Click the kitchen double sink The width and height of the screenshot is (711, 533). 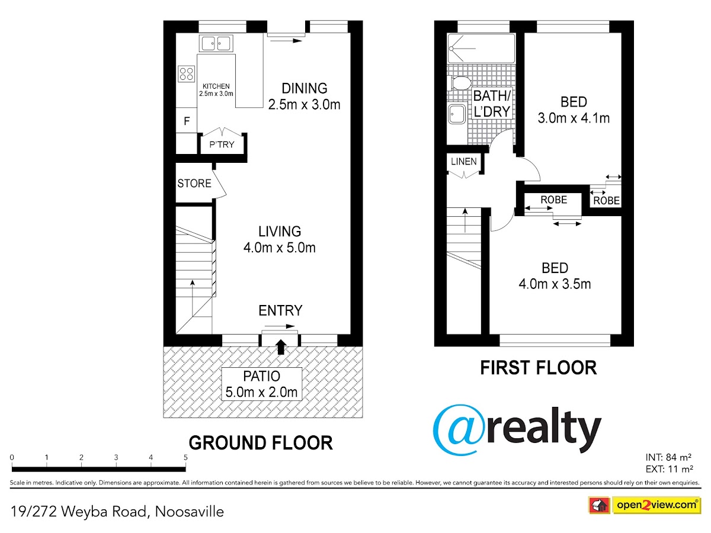[216, 43]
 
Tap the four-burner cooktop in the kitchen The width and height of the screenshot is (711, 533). [186, 74]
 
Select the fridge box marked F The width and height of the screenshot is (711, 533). [186, 120]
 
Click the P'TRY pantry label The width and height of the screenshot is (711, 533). [222, 145]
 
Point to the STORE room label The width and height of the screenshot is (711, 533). [194, 184]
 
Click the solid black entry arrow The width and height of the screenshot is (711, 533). [281, 346]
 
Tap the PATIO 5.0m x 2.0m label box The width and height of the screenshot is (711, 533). [261, 384]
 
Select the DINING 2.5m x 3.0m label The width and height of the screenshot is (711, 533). [304, 97]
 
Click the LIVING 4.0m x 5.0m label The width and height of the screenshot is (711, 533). [279, 239]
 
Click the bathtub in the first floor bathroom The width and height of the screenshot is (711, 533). [481, 48]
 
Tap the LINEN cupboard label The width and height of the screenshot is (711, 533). [464, 162]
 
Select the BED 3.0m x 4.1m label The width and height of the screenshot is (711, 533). [574, 110]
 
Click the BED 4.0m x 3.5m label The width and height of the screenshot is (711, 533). [555, 276]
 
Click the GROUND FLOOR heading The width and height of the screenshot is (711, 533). [261, 443]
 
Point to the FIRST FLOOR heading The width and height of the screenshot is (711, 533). [539, 368]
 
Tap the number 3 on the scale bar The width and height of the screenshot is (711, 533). [116, 457]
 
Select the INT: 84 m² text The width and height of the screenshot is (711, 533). [668, 457]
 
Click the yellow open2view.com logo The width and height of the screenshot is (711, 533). [656, 505]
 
